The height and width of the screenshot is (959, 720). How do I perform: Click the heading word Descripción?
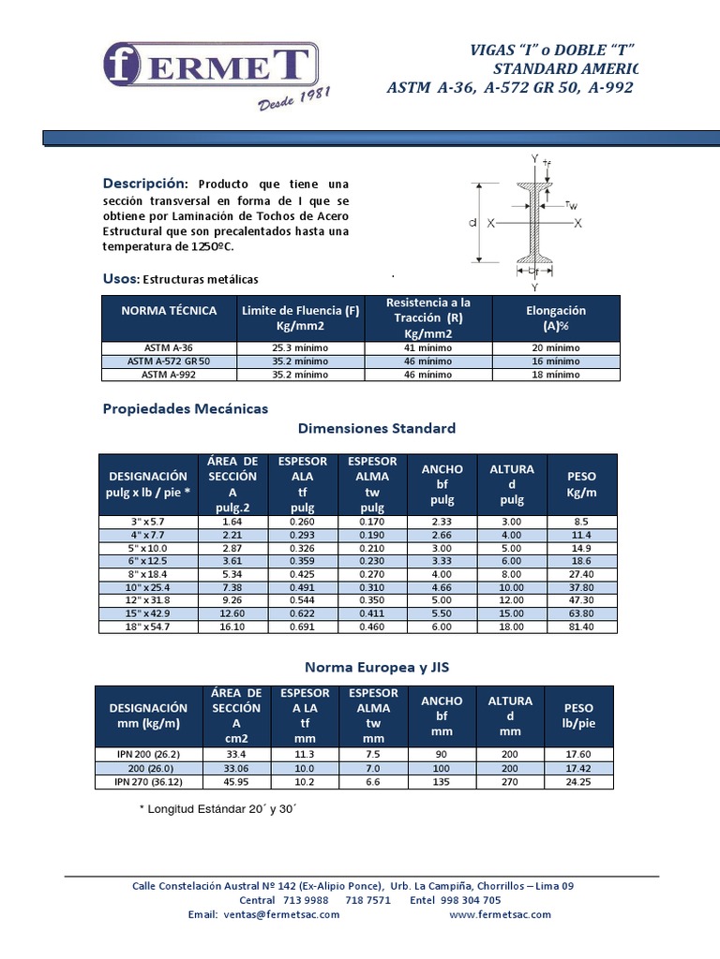point(145,183)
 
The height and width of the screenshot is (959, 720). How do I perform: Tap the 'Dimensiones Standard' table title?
point(377,428)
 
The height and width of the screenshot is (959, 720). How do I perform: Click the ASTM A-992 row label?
point(169,374)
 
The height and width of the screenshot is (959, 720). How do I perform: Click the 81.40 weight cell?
point(581,627)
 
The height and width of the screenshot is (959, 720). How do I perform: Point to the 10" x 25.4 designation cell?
point(148,587)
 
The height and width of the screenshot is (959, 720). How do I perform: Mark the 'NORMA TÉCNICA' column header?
point(169,311)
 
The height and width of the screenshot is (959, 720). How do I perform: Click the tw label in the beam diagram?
point(571,204)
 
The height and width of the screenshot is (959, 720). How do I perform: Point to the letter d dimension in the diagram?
point(474,223)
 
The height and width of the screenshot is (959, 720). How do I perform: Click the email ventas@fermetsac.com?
point(264,915)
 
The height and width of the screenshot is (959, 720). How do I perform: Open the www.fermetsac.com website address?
point(500,915)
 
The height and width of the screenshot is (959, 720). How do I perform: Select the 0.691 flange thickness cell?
point(300,627)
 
